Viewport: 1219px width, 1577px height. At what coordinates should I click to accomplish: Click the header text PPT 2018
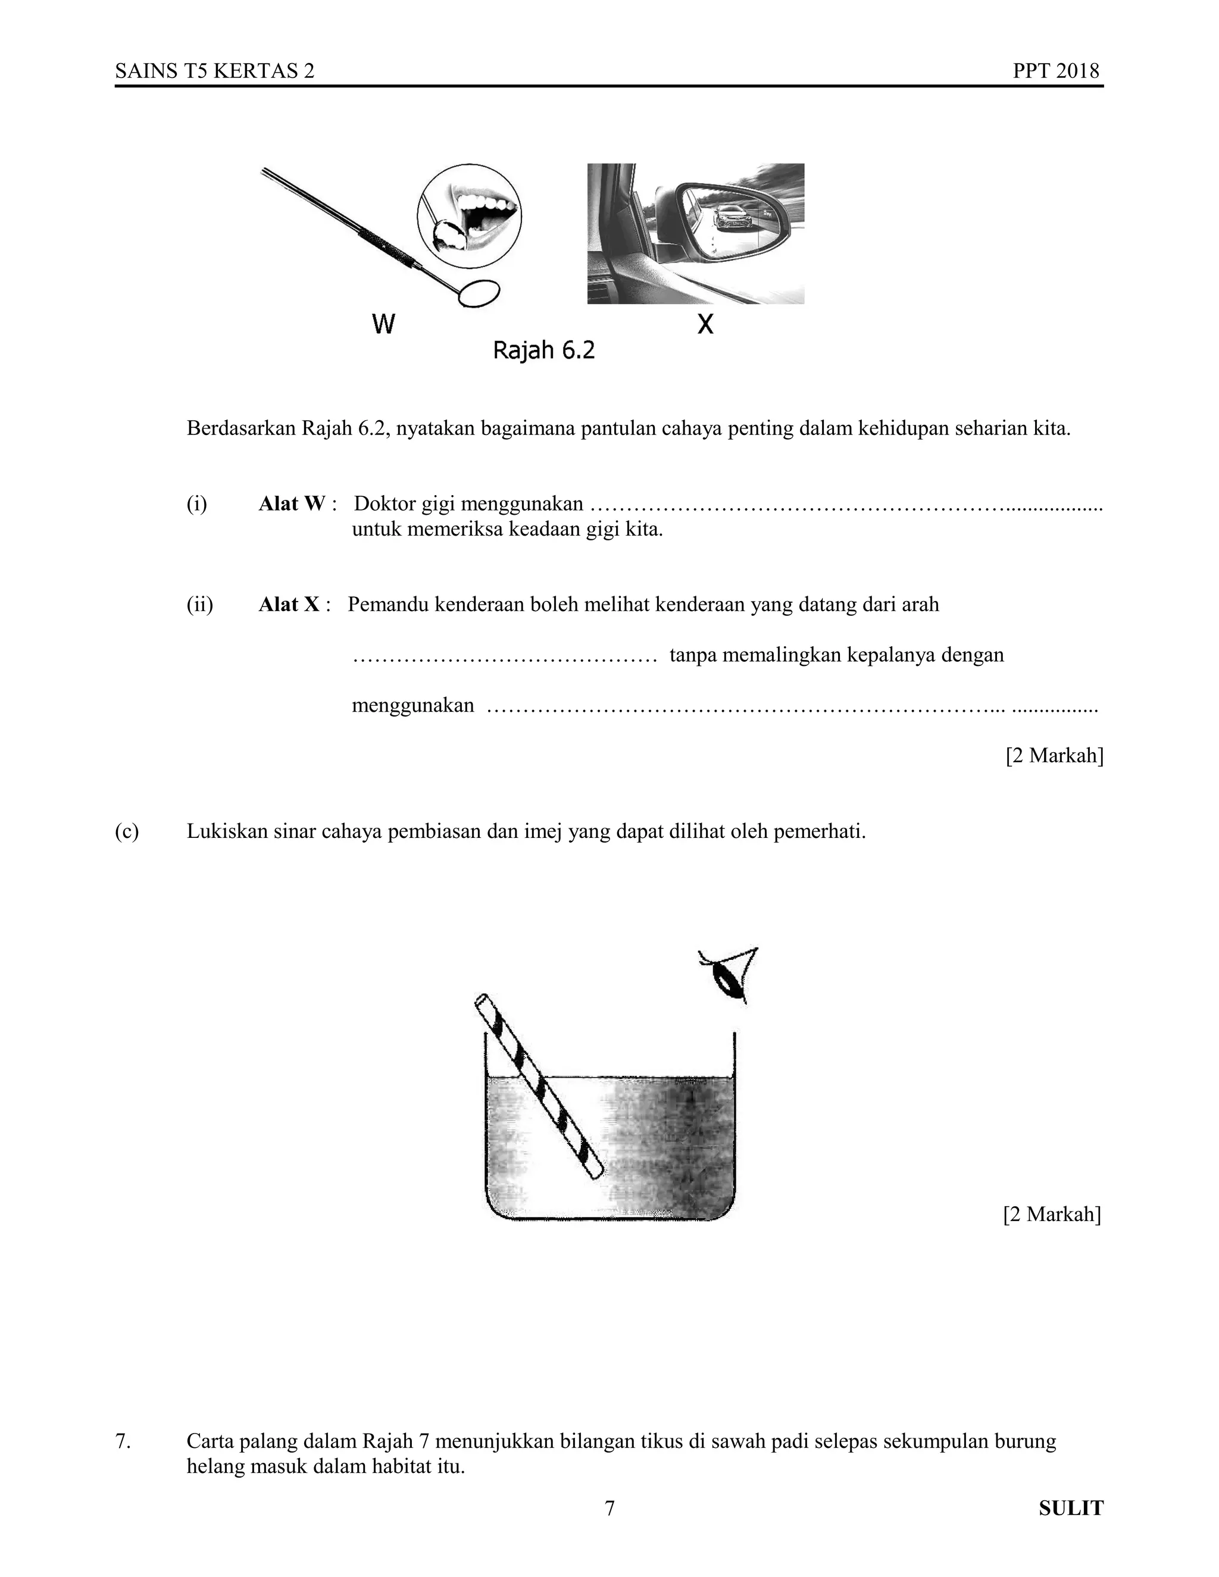click(1055, 71)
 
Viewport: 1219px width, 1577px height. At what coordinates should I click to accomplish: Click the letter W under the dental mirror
click(383, 324)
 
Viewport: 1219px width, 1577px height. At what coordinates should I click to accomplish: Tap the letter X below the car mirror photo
click(705, 324)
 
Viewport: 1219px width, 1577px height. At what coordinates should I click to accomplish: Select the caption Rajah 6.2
click(544, 351)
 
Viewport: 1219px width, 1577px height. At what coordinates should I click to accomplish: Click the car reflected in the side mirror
click(732, 217)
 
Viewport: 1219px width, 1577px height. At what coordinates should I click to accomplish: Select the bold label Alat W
click(292, 503)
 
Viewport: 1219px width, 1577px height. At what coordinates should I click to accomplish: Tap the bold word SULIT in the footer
click(1071, 1509)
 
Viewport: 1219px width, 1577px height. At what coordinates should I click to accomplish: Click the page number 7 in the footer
click(609, 1509)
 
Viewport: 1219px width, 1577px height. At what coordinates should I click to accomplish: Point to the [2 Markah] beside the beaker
click(1052, 1214)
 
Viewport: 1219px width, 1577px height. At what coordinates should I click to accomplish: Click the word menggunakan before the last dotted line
click(412, 705)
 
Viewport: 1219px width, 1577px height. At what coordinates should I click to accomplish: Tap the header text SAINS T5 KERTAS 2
click(214, 71)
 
